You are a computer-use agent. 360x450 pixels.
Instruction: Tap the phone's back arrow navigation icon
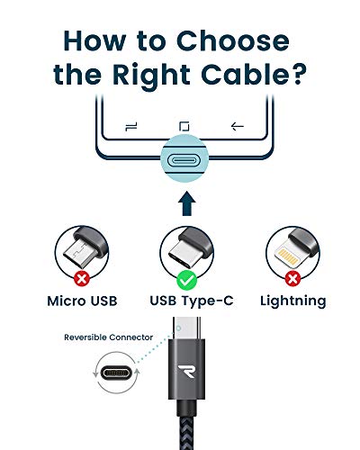coord(238,125)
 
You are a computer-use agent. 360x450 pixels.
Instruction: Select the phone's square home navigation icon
coord(184,125)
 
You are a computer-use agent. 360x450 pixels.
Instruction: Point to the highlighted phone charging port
coord(184,162)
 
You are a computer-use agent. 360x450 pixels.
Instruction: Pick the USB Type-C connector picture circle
coord(184,253)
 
